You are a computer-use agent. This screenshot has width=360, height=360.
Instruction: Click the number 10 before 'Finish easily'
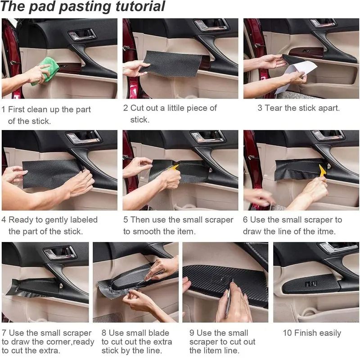pyautogui.click(x=288, y=333)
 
